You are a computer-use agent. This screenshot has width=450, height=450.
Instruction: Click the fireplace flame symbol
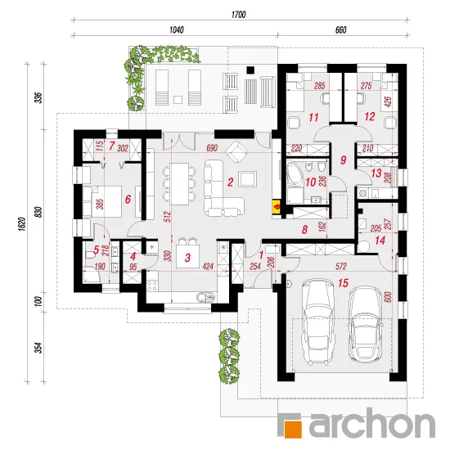[x=277, y=207]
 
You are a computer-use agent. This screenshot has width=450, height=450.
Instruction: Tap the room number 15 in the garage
[x=343, y=283]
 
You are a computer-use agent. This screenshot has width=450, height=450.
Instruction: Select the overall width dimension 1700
[x=238, y=15]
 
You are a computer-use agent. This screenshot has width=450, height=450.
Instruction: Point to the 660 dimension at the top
[x=340, y=29]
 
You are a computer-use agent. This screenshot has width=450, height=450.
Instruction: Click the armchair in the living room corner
[x=236, y=150]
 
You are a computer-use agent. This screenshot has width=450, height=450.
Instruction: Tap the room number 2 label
[x=230, y=182]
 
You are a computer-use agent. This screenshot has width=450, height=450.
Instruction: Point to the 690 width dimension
[x=212, y=148]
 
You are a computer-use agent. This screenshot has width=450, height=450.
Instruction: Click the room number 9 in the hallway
[x=344, y=160]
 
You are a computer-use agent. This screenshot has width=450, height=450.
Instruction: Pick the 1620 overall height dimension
[x=23, y=224]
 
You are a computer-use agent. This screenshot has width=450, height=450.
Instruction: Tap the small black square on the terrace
[x=251, y=70]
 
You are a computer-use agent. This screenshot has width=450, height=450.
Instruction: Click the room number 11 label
[x=313, y=117]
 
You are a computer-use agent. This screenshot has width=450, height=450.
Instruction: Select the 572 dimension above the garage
[x=340, y=267]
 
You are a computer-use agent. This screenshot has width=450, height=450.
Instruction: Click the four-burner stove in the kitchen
[x=152, y=285]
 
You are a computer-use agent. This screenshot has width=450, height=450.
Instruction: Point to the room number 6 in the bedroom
[x=128, y=199]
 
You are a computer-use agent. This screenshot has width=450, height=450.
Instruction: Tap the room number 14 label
[x=380, y=241]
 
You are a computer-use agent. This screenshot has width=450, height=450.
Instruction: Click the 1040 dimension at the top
[x=176, y=29]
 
